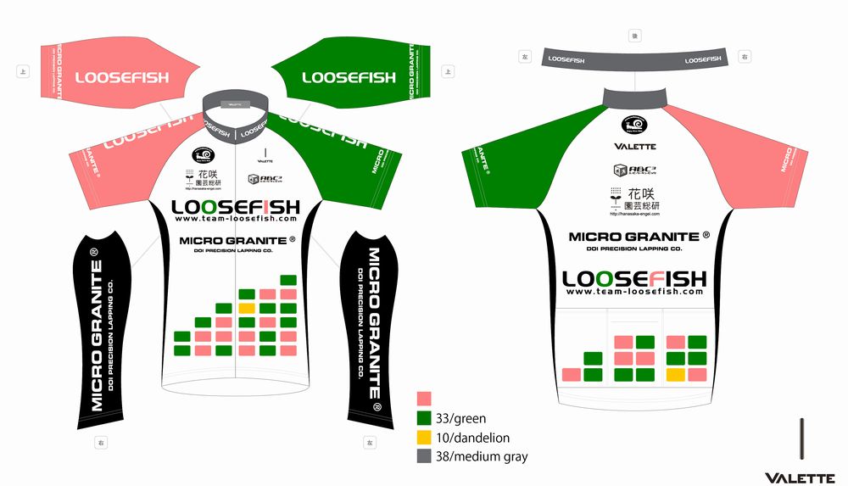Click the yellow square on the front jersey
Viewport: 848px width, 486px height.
pyautogui.click(x=247, y=308)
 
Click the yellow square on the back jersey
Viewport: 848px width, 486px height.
pyautogui.click(x=676, y=374)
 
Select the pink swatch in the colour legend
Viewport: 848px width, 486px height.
pyautogui.click(x=424, y=399)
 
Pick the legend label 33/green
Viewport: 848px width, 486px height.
pyautogui.click(x=460, y=418)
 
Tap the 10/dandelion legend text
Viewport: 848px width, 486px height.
pyautogui.click(x=472, y=438)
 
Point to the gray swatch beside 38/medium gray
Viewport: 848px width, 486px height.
pyautogui.click(x=424, y=456)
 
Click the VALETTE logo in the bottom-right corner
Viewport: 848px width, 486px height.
pyautogui.click(x=799, y=478)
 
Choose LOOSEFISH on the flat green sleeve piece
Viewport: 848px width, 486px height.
pyautogui.click(x=349, y=77)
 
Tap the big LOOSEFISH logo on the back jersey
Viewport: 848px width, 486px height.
pyautogui.click(x=633, y=278)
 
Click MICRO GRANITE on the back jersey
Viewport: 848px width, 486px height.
pyautogui.click(x=633, y=237)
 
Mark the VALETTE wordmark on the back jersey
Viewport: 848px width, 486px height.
pyautogui.click(x=634, y=147)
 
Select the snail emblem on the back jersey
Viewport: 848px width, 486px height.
pyautogui.click(x=634, y=124)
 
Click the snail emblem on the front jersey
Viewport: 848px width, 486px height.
pyautogui.click(x=203, y=154)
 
